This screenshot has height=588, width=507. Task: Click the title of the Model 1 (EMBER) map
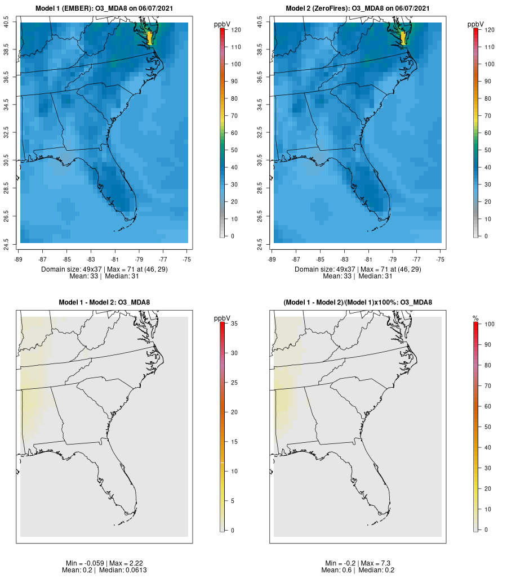pyautogui.click(x=104, y=8)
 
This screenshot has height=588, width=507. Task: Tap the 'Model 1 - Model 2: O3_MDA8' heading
pyautogui.click(x=104, y=303)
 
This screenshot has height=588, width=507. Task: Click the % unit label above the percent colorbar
pyautogui.click(x=475, y=318)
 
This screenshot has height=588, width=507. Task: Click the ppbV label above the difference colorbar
pyautogui.click(x=223, y=318)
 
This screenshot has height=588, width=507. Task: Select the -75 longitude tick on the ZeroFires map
pyautogui.click(x=441, y=259)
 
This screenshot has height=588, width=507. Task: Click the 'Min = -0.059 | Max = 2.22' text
pyautogui.click(x=104, y=563)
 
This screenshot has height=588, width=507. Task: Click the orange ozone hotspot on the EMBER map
pyautogui.click(x=149, y=38)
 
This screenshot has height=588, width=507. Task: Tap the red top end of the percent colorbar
pyautogui.click(x=476, y=324)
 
